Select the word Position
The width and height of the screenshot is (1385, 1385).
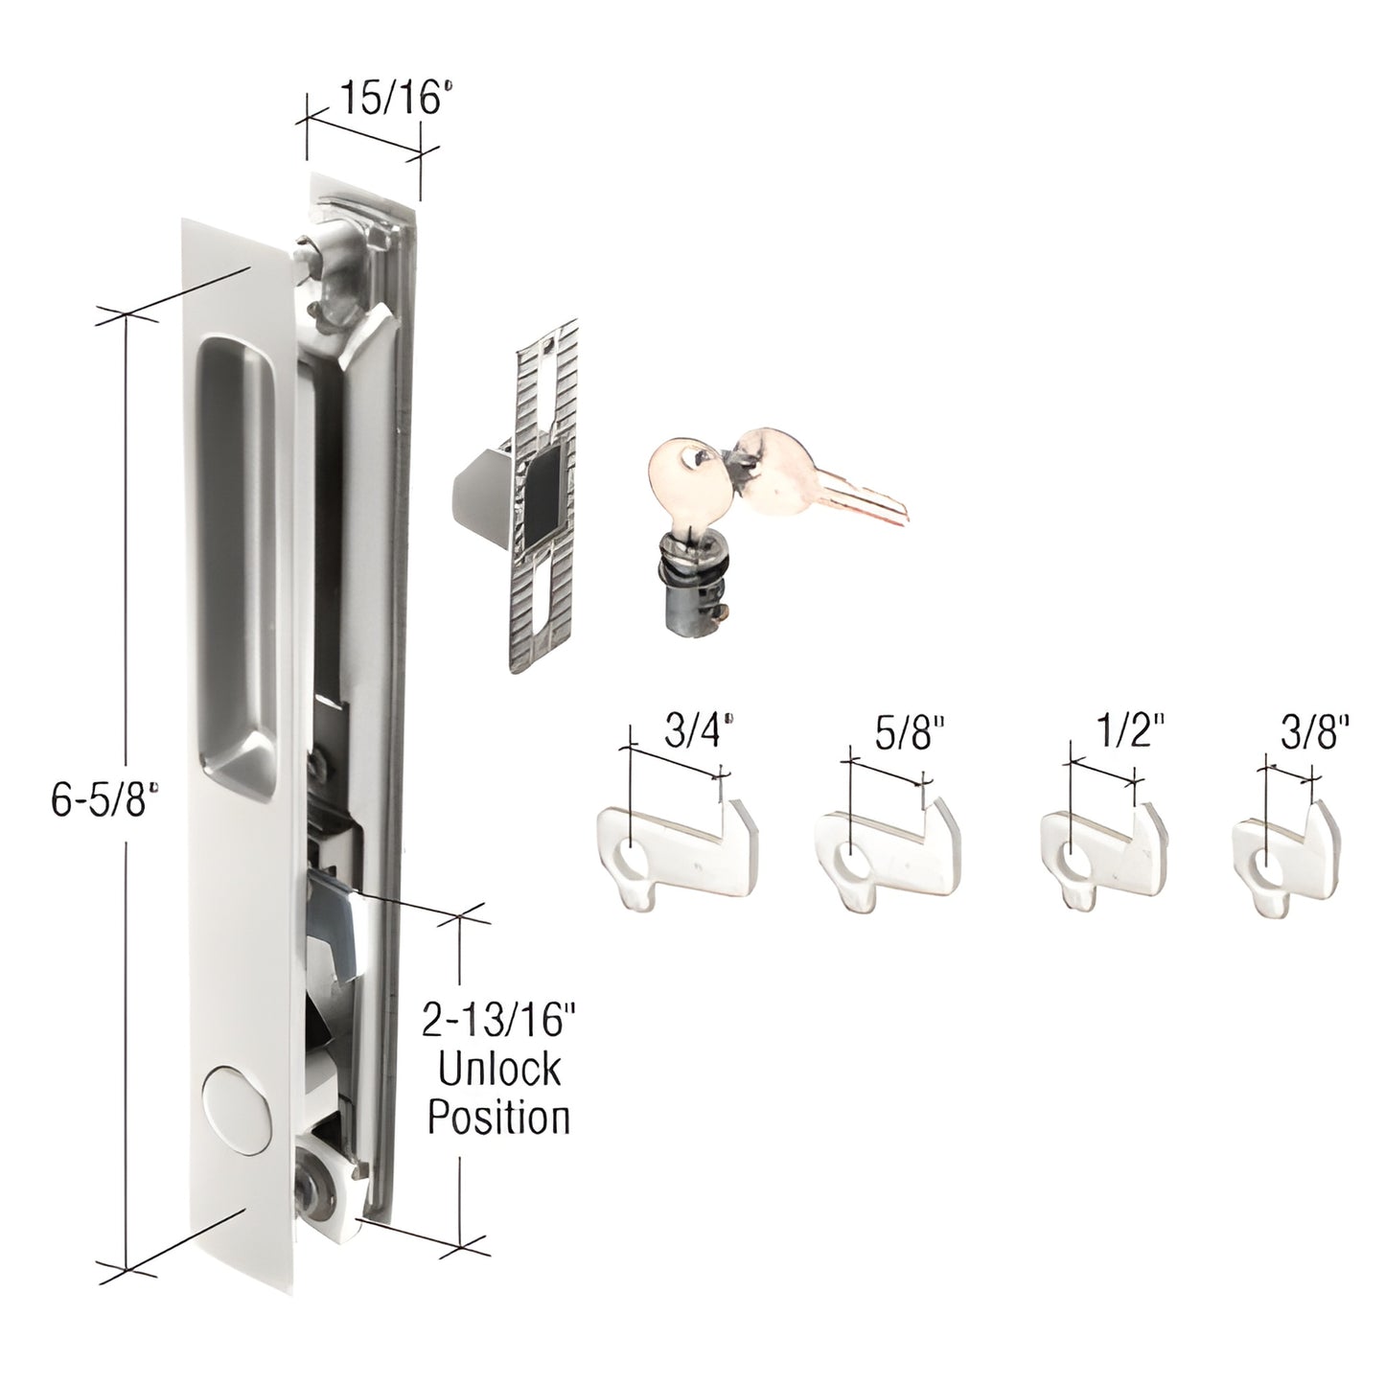(498, 1117)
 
